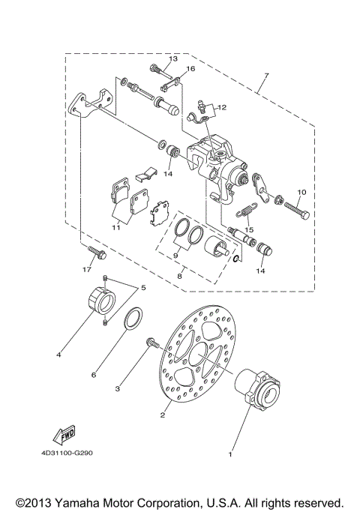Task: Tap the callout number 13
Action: pos(173,58)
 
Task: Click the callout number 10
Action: pos(301,192)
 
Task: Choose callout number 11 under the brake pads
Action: pos(115,227)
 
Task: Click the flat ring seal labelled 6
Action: pos(128,322)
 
